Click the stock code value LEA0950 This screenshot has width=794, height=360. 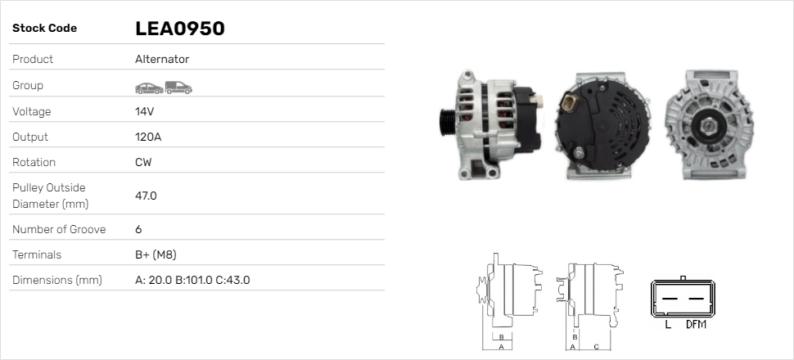click(179, 29)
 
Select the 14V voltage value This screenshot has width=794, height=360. click(144, 111)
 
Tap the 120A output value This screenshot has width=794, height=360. click(148, 137)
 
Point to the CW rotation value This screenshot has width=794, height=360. click(143, 162)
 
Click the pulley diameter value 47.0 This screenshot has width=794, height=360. click(146, 196)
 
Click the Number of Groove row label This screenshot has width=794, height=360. click(59, 229)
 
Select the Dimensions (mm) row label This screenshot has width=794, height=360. click(56, 280)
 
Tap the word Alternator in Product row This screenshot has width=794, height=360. click(162, 59)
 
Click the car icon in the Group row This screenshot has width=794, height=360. click(148, 87)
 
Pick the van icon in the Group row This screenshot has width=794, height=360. click(178, 87)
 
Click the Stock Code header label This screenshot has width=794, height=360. click(44, 29)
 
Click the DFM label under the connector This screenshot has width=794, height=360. click(696, 325)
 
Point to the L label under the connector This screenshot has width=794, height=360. click(668, 325)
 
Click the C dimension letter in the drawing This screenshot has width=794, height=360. click(596, 345)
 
